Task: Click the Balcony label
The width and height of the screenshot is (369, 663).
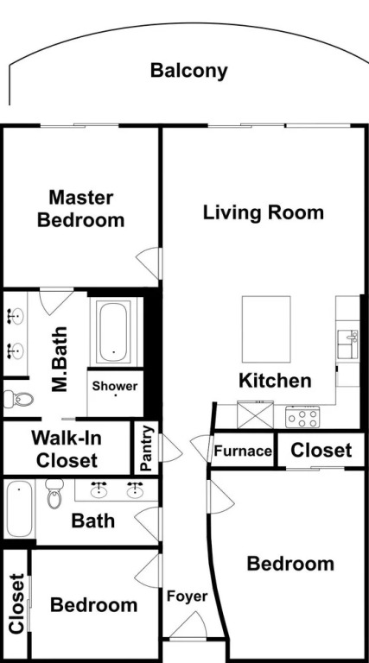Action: pyautogui.click(x=188, y=71)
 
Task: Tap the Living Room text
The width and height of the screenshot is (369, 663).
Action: pyautogui.click(x=264, y=212)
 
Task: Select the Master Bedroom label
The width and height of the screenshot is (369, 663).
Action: pyautogui.click(x=81, y=209)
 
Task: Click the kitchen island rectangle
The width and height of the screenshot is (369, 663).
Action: pyautogui.click(x=266, y=329)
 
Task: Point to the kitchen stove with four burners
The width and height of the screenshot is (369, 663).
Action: pyautogui.click(x=302, y=417)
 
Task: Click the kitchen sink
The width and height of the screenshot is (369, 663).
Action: pyautogui.click(x=347, y=344)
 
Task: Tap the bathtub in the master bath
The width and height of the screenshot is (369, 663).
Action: pyautogui.click(x=114, y=331)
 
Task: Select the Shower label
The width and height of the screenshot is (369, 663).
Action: pyautogui.click(x=115, y=386)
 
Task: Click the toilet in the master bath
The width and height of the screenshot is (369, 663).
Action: pyautogui.click(x=18, y=399)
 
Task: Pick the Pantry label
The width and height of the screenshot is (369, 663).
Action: pyautogui.click(x=146, y=448)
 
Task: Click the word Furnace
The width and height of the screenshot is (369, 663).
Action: pyautogui.click(x=243, y=451)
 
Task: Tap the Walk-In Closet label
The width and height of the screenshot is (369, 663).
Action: pyautogui.click(x=67, y=449)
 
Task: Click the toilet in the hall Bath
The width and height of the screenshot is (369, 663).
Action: pyautogui.click(x=54, y=493)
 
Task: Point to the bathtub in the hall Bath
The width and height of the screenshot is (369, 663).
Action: pyautogui.click(x=20, y=509)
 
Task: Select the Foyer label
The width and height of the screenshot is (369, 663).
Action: pyautogui.click(x=187, y=597)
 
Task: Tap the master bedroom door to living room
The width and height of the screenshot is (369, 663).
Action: pyautogui.click(x=149, y=263)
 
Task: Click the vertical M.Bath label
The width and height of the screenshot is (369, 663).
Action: pyautogui.click(x=60, y=359)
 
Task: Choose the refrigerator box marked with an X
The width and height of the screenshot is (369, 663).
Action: pyautogui.click(x=255, y=414)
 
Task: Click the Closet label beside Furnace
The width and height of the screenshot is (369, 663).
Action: pyautogui.click(x=321, y=451)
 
